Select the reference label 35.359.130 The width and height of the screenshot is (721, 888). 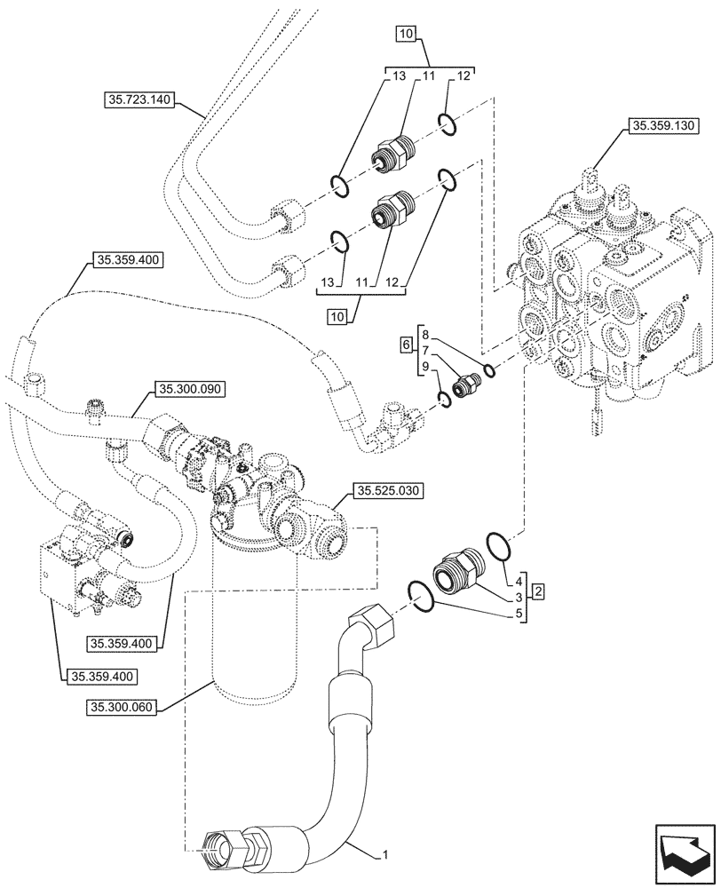663,128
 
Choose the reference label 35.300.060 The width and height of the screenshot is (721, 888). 123,707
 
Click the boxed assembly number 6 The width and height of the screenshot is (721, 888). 406,344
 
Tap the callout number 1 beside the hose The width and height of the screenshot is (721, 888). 384,855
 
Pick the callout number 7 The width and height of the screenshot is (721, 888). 425,351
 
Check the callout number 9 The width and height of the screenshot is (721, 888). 425,366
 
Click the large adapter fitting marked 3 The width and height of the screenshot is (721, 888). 457,569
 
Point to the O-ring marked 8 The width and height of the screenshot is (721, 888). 488,369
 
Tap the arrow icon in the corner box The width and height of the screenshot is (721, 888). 682,852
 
